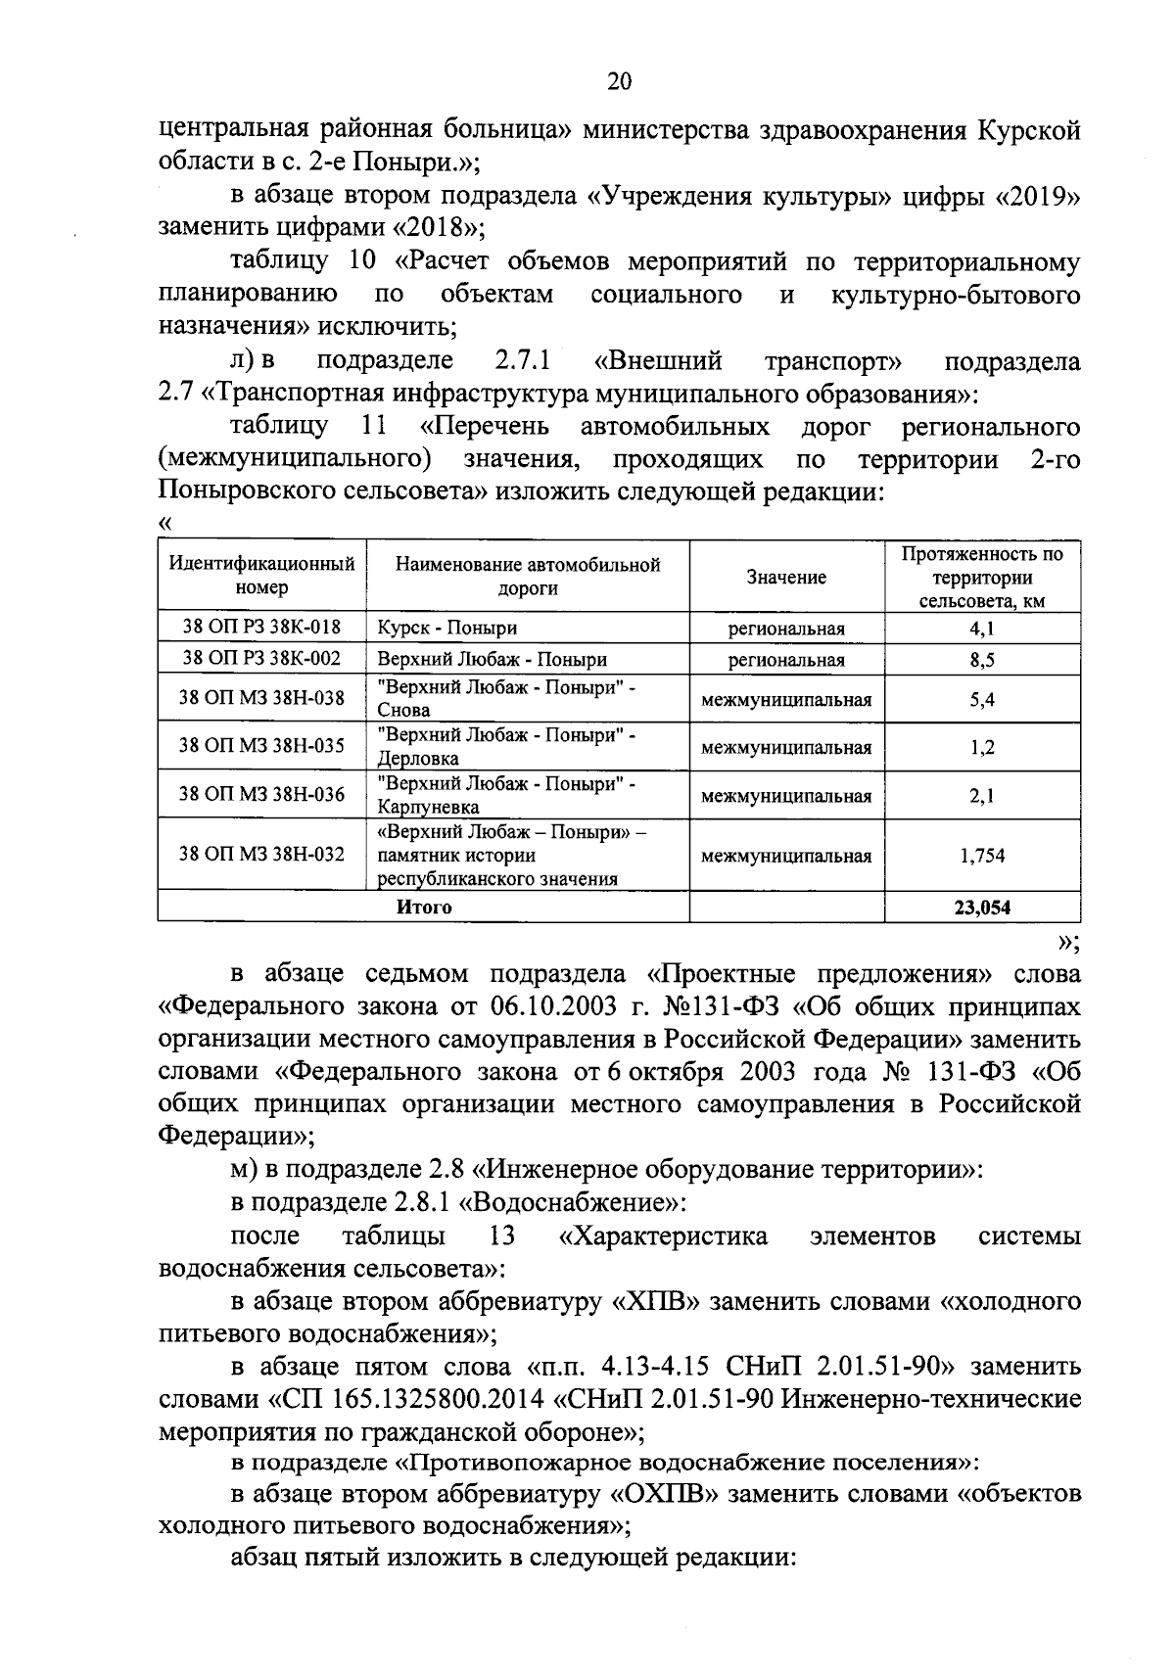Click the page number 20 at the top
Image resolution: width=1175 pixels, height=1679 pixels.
click(619, 81)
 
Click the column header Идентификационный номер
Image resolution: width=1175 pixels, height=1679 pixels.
click(261, 576)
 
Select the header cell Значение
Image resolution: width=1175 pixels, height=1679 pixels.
click(786, 577)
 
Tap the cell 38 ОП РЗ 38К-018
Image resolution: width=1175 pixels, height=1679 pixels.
click(261, 628)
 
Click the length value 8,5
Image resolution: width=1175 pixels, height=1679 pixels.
click(982, 660)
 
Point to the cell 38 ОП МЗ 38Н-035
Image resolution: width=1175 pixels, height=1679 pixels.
click(261, 746)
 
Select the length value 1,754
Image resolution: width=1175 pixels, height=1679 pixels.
click(982, 856)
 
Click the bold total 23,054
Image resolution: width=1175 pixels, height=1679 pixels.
click(982, 907)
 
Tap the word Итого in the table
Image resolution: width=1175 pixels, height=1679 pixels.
click(424, 907)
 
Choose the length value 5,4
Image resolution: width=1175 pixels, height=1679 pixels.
click(982, 699)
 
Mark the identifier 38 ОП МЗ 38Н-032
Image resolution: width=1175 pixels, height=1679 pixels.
click(261, 855)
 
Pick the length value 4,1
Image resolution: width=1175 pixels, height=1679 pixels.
click(982, 628)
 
